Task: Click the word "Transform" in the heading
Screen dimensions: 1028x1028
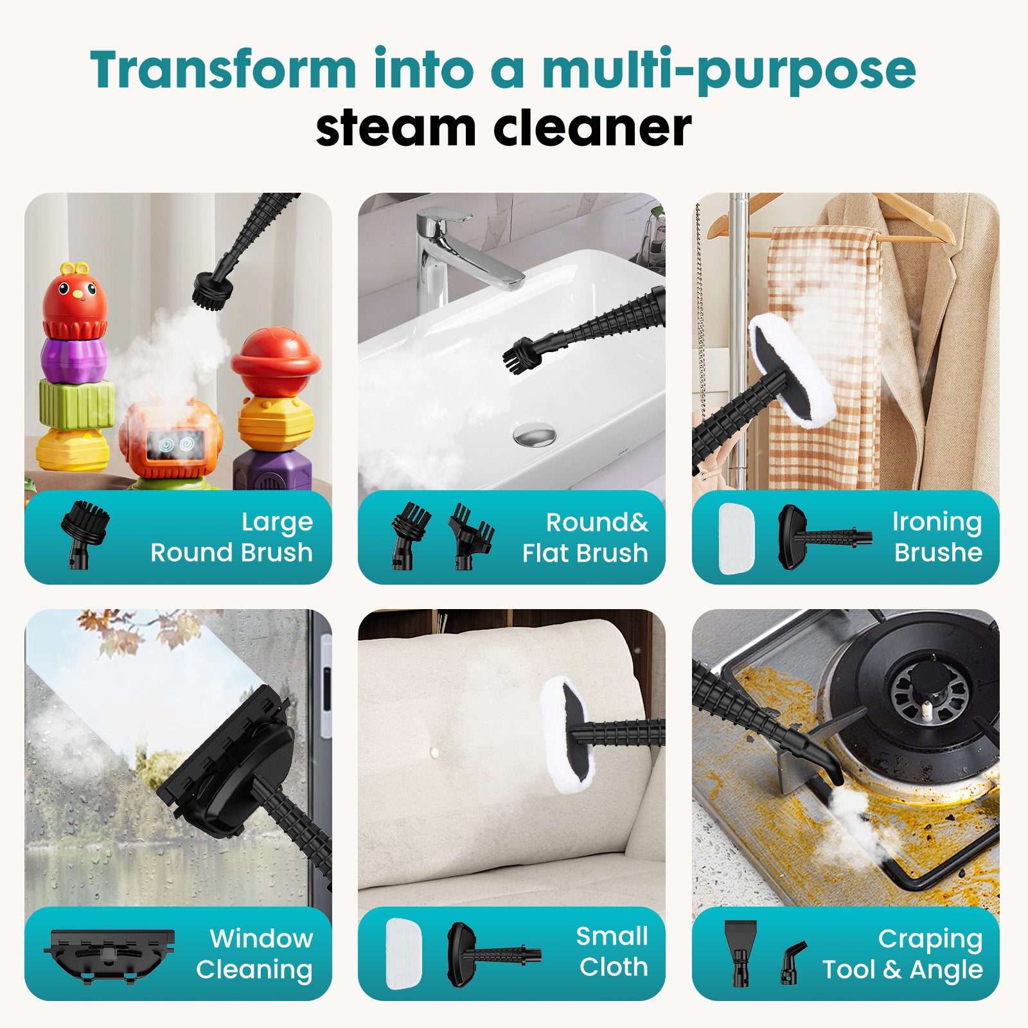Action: (x=223, y=69)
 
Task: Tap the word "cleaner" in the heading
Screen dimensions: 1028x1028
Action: (x=592, y=127)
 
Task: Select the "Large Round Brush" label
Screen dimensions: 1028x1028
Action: (x=231, y=537)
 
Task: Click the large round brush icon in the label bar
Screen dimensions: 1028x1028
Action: (x=84, y=533)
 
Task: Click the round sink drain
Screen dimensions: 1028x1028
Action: (x=534, y=434)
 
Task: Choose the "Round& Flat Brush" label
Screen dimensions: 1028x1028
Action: (x=585, y=537)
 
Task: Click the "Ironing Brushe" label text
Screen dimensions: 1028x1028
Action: (x=937, y=537)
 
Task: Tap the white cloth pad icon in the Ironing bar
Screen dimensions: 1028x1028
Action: (x=736, y=538)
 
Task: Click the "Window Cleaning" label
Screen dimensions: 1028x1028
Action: (x=254, y=953)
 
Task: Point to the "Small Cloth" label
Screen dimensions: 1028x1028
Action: (x=613, y=952)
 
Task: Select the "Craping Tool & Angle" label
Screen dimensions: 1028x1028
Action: (x=903, y=953)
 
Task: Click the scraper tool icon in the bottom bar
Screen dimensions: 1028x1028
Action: (x=740, y=952)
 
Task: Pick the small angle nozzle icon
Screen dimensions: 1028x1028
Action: (x=793, y=962)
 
